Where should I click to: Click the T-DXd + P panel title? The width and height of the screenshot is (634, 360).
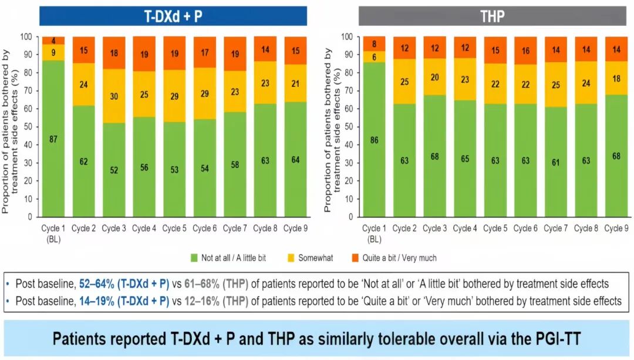[173, 16]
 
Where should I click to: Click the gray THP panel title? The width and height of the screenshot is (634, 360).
[492, 16]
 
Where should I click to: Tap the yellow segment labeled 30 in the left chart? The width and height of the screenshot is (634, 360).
[114, 96]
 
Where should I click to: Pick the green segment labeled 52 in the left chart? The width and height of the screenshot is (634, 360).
[114, 169]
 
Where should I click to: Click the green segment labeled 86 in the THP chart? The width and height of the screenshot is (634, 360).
[374, 140]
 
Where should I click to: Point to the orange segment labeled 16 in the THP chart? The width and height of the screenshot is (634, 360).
[525, 51]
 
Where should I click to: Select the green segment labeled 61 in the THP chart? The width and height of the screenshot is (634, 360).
[555, 162]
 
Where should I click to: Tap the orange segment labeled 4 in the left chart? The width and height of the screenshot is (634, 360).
[53, 40]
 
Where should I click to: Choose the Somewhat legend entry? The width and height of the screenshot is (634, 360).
[311, 258]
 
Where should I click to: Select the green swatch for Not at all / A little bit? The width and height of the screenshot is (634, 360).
[195, 258]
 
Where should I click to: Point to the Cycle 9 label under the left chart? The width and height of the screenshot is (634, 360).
[295, 228]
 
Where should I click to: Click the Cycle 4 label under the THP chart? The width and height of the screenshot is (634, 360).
[465, 228]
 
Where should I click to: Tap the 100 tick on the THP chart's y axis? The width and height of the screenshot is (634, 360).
[346, 36]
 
